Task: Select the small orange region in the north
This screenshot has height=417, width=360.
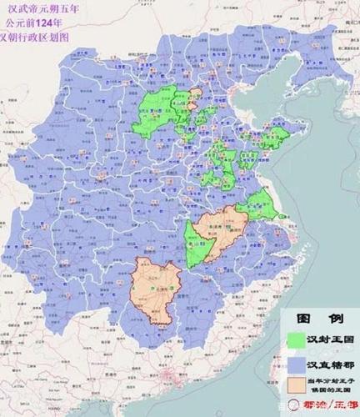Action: pos(197,93)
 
